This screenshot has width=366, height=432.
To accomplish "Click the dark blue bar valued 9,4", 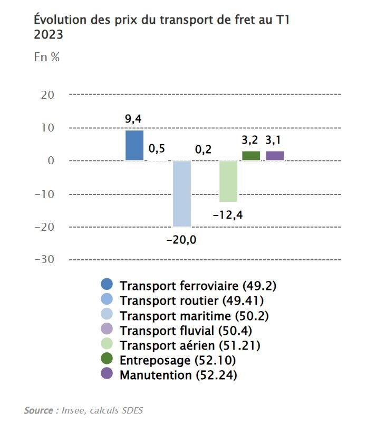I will click(x=134, y=145).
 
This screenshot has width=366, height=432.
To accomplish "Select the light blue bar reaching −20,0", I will click(x=181, y=193).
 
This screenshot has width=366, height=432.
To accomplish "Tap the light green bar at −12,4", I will click(x=228, y=181).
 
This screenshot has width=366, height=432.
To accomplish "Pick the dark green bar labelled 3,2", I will click(x=251, y=156).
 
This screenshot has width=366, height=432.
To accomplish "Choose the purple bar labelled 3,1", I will click(x=275, y=156).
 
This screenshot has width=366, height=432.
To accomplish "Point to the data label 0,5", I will click(x=157, y=148).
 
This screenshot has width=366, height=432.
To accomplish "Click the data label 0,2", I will click(x=203, y=150).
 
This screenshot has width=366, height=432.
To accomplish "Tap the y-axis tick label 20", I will click(x=47, y=95).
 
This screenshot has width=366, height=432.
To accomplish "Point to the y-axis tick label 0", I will click(x=51, y=161).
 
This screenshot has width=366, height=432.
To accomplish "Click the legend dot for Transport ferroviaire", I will click(x=107, y=285).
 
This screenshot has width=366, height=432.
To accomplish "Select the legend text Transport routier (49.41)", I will click(x=192, y=300).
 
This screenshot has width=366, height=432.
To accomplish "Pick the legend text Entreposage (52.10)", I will click(x=178, y=361).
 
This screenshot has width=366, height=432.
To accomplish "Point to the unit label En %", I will click(x=47, y=58).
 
